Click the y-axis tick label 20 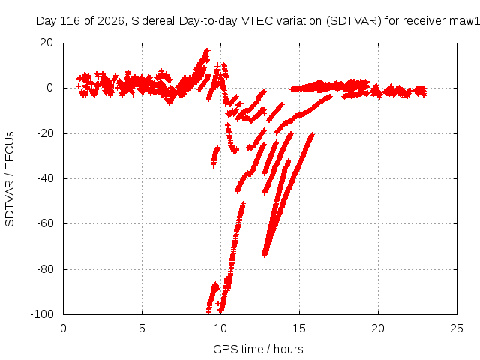click(46, 43)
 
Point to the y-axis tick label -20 click(45, 133)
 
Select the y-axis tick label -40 click(45, 178)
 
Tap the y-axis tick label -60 click(45, 223)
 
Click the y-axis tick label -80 click(45, 269)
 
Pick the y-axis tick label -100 click(42, 314)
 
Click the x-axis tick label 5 click(142, 328)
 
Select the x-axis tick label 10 click(220, 328)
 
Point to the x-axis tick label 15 click(299, 328)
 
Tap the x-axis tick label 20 click(378, 328)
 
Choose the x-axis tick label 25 click(457, 328)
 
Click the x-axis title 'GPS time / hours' click(258, 349)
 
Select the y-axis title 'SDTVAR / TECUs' click(10, 179)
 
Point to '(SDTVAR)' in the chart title click(354, 21)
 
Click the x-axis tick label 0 click(63, 328)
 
